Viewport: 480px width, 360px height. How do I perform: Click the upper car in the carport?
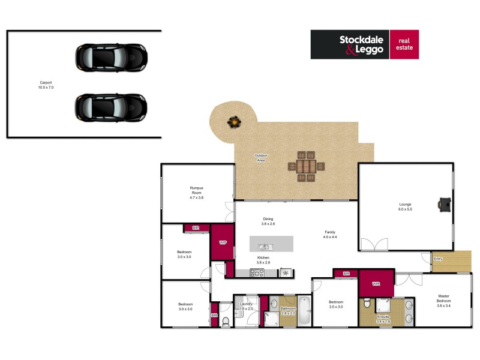point(111,58)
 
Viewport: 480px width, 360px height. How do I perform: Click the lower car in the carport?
point(111,107)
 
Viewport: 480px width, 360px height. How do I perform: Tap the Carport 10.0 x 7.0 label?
point(46,85)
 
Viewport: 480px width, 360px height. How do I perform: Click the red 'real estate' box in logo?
point(404,44)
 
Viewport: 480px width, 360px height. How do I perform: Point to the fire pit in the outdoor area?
point(233,122)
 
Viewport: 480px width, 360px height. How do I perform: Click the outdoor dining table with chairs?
point(306,166)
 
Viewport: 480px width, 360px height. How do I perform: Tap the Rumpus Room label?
point(197,193)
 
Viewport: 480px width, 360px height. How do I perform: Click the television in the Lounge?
point(445,205)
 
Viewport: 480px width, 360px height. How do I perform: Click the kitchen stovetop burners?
point(257,273)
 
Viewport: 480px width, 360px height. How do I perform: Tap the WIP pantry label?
point(223,242)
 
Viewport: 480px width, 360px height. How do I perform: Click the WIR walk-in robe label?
point(376,284)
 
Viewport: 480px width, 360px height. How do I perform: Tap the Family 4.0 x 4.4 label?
point(330,235)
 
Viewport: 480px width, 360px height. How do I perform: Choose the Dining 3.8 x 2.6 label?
point(268,221)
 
